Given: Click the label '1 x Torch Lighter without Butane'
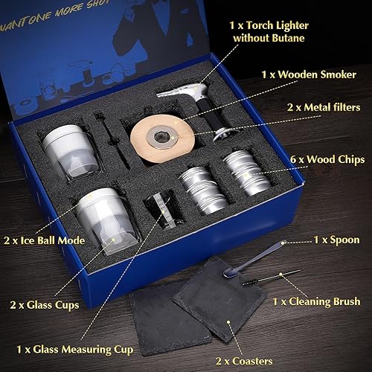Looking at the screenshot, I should point(281,29).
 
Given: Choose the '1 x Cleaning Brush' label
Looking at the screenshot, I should point(316,301).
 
